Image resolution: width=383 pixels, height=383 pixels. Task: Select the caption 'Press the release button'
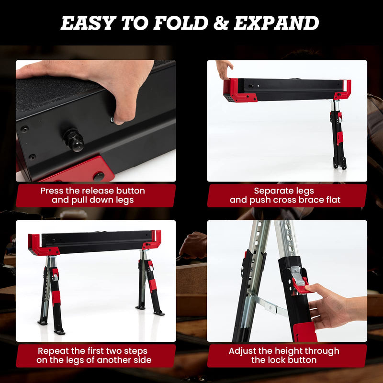pos(92,191)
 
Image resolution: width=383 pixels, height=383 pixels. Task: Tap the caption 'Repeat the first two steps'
pos(93,351)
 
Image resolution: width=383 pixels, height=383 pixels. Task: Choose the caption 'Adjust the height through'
pos(284,351)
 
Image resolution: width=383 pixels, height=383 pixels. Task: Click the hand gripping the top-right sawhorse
pos(224,68)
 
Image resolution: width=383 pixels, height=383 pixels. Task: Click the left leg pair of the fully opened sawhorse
pos(51,294)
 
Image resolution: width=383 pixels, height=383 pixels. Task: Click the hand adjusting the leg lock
pos(330,306)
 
